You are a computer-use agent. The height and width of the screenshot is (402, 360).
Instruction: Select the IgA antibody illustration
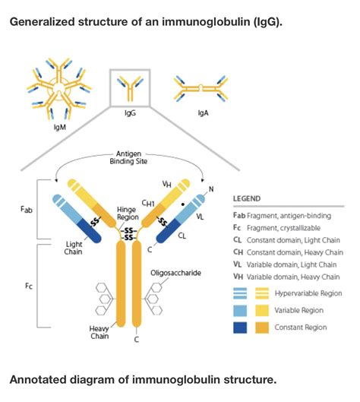201,90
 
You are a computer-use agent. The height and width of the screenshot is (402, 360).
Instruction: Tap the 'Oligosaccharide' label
175,271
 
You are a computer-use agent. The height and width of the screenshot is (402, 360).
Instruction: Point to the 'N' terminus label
212,188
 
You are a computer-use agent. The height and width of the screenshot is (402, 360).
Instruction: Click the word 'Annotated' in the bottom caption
38,378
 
